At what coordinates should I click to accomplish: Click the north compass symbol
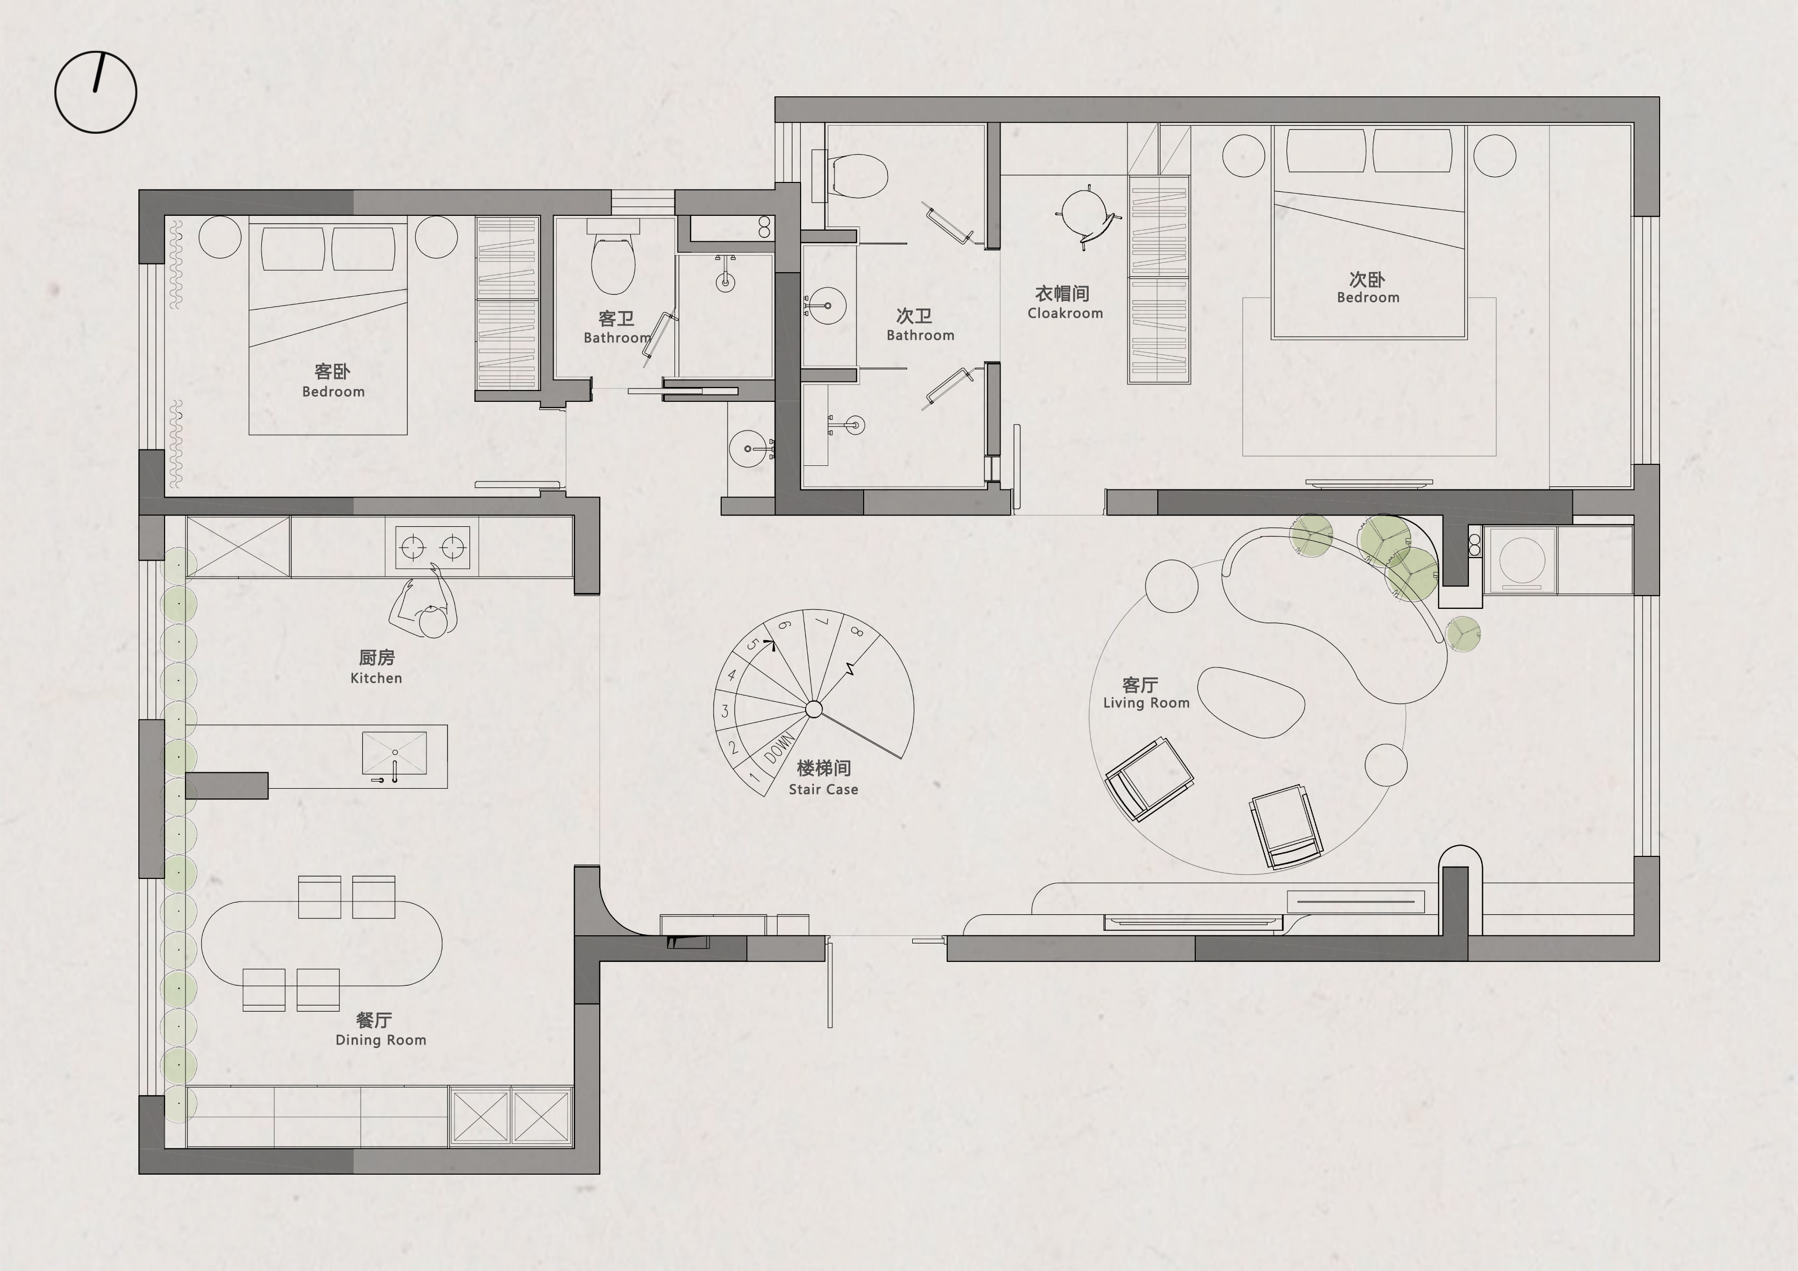[95, 92]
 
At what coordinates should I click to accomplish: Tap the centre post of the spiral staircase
[813, 709]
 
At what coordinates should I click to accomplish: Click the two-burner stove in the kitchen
[432, 547]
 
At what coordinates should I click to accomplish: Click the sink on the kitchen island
[395, 754]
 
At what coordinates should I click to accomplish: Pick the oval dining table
[322, 944]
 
